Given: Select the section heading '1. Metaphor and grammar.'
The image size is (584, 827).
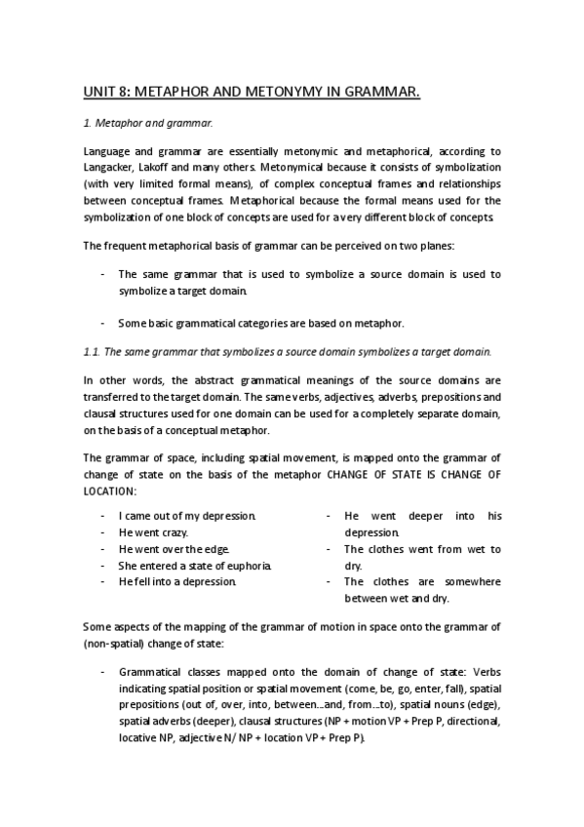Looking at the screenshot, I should click(x=147, y=124).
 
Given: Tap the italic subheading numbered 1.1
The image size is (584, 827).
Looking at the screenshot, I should click(x=288, y=351).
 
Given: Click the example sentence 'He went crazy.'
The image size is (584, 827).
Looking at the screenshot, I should click(x=153, y=532).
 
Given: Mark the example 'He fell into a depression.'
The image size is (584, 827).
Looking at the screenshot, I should click(x=177, y=582).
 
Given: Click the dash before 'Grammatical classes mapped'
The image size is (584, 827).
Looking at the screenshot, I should click(x=102, y=672).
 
